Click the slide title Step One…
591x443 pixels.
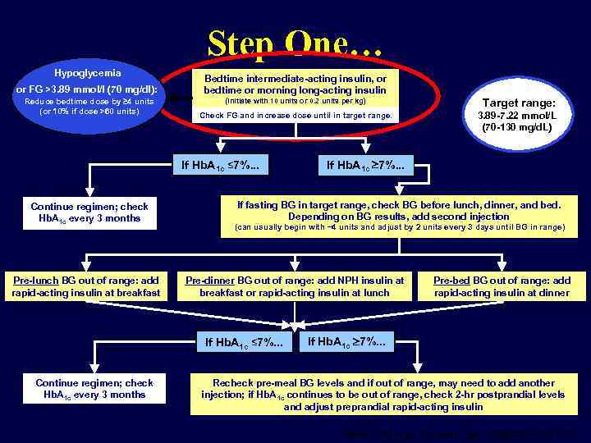[x=295, y=43]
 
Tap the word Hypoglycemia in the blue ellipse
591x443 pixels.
[x=87, y=73]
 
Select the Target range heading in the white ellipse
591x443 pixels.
[x=518, y=103]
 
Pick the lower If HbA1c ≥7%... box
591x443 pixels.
[x=351, y=341]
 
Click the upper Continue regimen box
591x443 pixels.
[x=89, y=212]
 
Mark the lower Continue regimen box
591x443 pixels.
[x=94, y=389]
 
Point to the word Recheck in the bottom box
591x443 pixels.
[x=233, y=383]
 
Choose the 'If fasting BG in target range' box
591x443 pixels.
[x=400, y=215]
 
